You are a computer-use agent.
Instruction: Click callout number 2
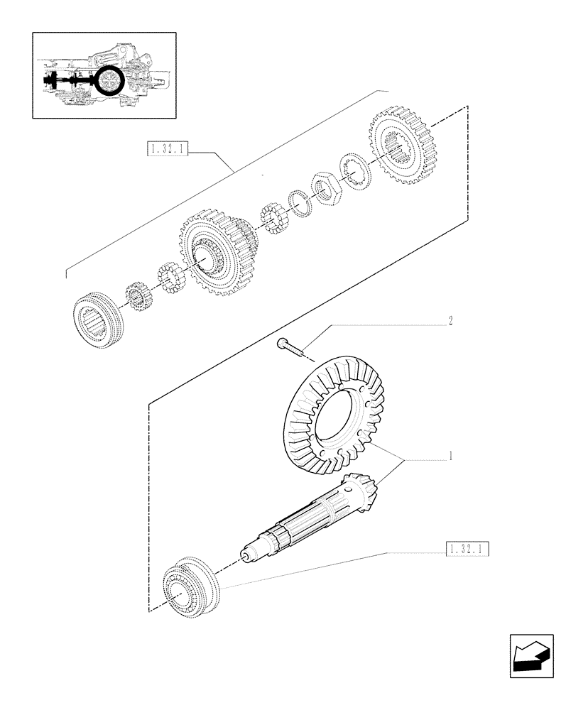pos(450,321)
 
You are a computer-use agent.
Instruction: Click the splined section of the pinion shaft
pos(309,521)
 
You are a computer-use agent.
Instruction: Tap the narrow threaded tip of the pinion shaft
pos(250,555)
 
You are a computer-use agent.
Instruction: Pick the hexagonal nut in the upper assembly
pos(327,190)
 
